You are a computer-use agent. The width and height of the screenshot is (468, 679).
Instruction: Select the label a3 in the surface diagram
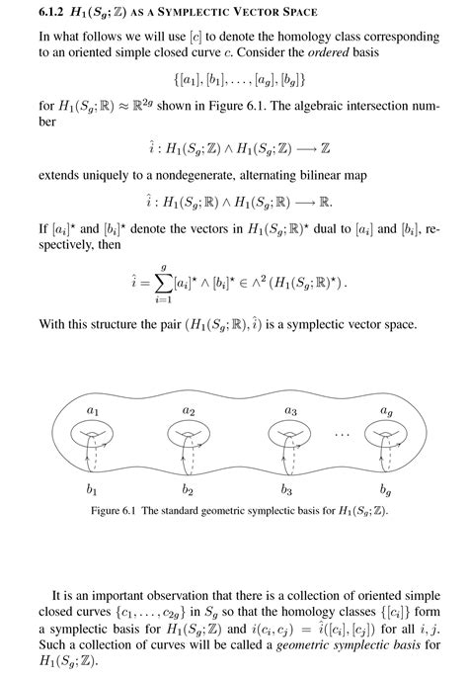coord(291,408)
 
